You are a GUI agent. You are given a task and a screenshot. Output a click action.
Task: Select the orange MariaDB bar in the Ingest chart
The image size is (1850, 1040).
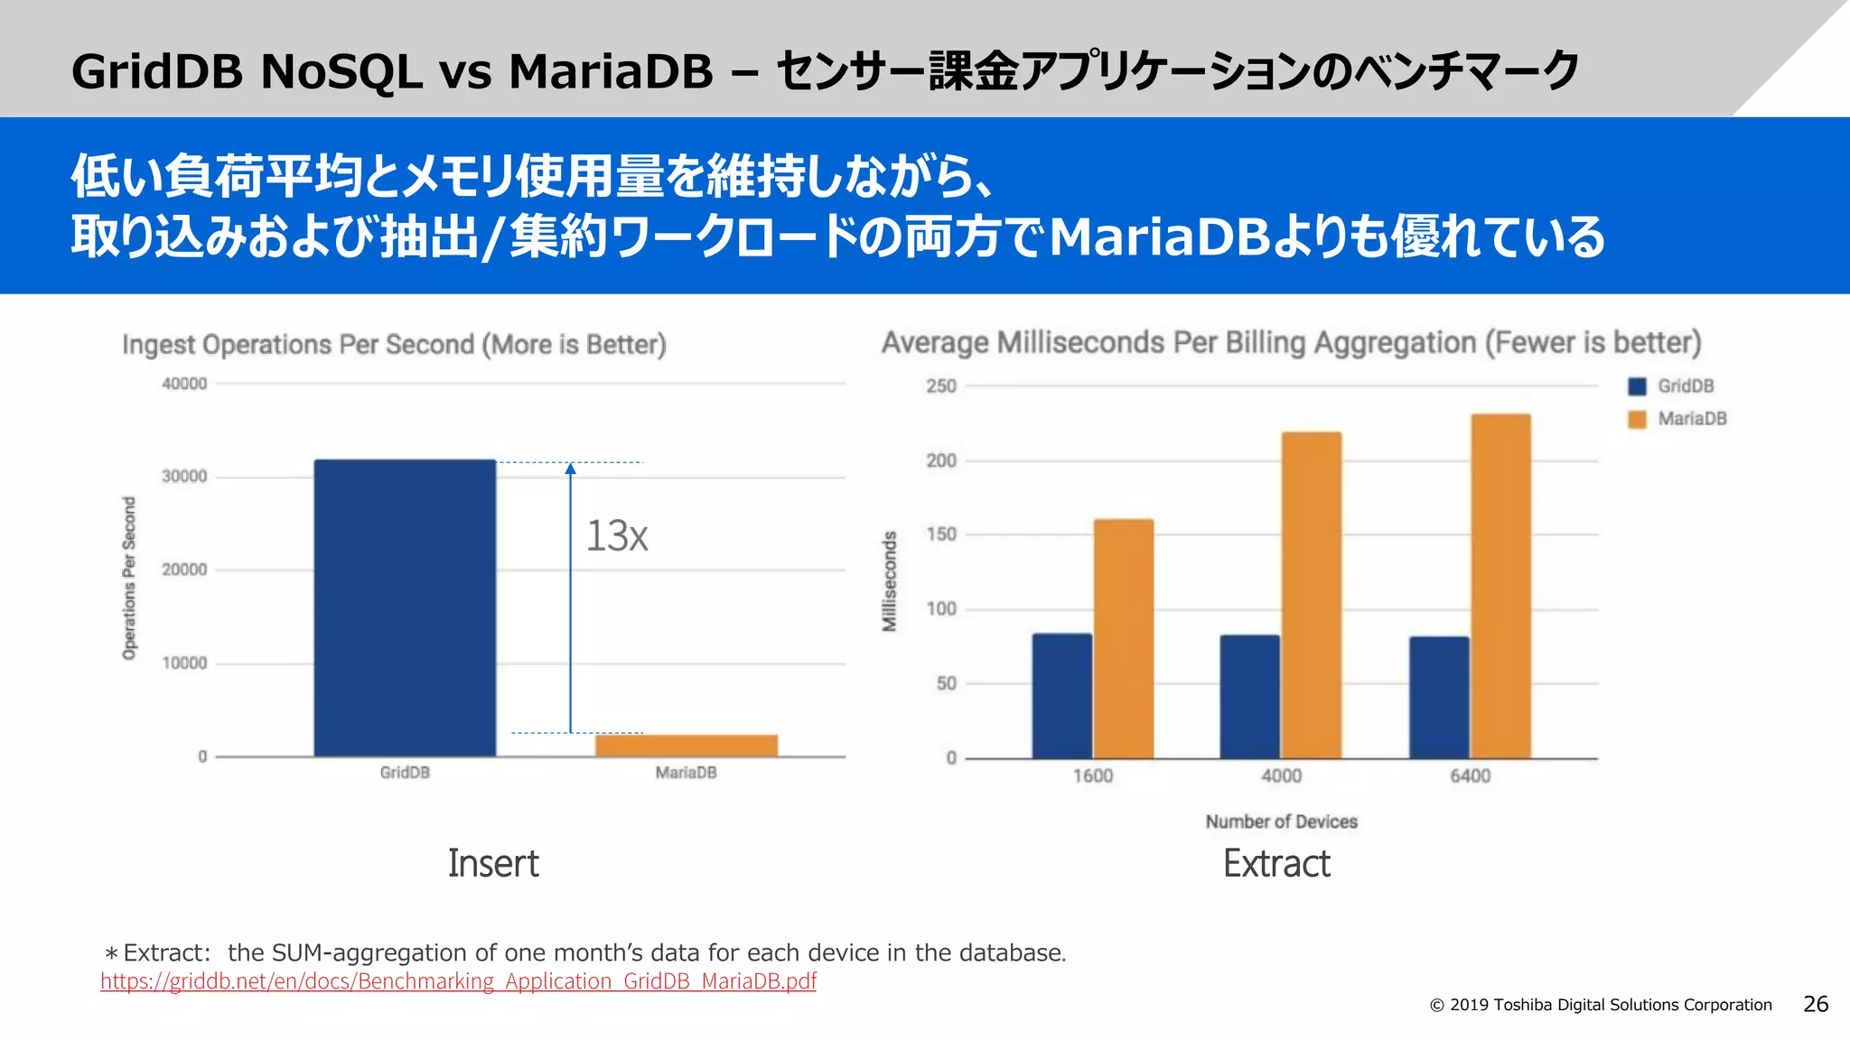(x=686, y=745)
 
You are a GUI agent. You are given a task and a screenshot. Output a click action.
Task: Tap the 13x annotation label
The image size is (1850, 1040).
(x=617, y=536)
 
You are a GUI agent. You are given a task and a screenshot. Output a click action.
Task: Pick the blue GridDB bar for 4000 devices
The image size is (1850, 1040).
(x=1250, y=696)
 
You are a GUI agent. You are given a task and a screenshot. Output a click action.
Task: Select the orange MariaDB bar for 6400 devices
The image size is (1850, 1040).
(x=1500, y=586)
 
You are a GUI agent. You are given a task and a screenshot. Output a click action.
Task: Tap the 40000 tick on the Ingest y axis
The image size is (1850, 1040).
(x=184, y=384)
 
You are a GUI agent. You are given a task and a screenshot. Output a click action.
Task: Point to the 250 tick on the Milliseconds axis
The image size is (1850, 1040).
(x=941, y=386)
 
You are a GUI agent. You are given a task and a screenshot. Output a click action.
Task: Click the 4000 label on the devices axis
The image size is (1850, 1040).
(x=1281, y=776)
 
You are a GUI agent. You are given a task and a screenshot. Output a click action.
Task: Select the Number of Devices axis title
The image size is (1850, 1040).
(x=1281, y=822)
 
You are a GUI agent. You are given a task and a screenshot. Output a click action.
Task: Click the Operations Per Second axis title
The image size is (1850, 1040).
(x=129, y=578)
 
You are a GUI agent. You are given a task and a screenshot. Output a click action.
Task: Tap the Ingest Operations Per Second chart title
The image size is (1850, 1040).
(x=394, y=345)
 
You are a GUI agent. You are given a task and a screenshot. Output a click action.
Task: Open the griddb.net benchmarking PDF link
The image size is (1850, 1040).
(x=458, y=981)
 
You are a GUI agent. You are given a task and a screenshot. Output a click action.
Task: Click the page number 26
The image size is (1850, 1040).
(x=1816, y=1004)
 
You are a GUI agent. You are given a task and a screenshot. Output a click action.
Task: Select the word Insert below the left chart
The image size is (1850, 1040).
(x=493, y=864)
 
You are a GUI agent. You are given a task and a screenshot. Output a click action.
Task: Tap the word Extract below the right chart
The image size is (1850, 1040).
(x=1276, y=864)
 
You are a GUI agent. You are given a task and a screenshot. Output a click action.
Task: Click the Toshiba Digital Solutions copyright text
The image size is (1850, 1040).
(x=1601, y=1005)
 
